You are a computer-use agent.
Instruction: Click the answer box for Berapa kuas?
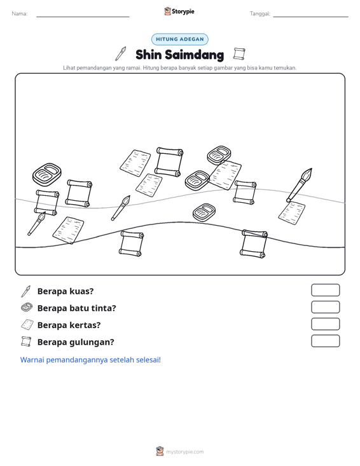click(x=325, y=290)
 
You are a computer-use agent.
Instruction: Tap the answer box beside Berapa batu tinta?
click(x=325, y=307)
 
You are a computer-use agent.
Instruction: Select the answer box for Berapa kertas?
click(x=325, y=324)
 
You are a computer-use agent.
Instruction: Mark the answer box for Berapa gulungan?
click(x=325, y=341)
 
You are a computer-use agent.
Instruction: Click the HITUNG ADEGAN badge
click(x=180, y=39)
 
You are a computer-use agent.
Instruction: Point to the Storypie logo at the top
click(x=179, y=11)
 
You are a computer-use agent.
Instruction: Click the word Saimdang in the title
click(x=195, y=55)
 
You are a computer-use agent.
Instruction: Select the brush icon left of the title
click(x=121, y=53)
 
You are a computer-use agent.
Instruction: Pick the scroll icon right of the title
click(x=239, y=54)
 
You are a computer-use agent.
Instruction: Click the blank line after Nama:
click(x=83, y=17)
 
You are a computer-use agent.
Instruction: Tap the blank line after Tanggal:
click(x=310, y=17)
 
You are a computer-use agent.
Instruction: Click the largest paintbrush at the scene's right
click(x=300, y=185)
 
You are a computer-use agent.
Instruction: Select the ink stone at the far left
click(x=47, y=174)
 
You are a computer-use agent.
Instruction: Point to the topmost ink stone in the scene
click(x=219, y=155)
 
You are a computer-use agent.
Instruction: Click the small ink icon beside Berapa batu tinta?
click(x=27, y=307)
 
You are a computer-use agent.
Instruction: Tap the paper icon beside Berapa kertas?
click(x=27, y=324)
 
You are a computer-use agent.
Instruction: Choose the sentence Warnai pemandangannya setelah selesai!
click(x=90, y=360)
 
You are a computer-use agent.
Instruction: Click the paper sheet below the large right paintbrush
click(x=292, y=213)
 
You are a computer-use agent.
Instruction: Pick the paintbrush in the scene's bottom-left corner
click(x=36, y=224)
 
